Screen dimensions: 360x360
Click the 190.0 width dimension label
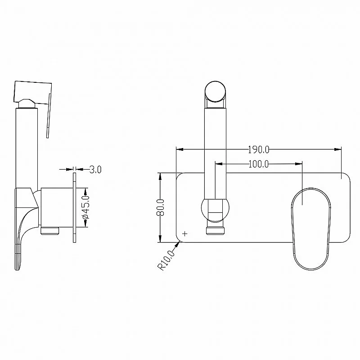coord(258,150)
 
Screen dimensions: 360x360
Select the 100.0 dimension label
coord(258,164)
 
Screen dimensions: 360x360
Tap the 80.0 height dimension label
coord(160,207)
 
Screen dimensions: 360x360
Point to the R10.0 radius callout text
coord(166,261)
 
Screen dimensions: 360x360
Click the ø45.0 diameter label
coord(85,207)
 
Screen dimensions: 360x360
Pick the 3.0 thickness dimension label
coord(95,170)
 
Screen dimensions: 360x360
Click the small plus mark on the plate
coord(185,234)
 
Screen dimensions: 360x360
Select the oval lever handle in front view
coord(311,229)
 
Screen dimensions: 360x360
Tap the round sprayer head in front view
coord(215,91)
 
